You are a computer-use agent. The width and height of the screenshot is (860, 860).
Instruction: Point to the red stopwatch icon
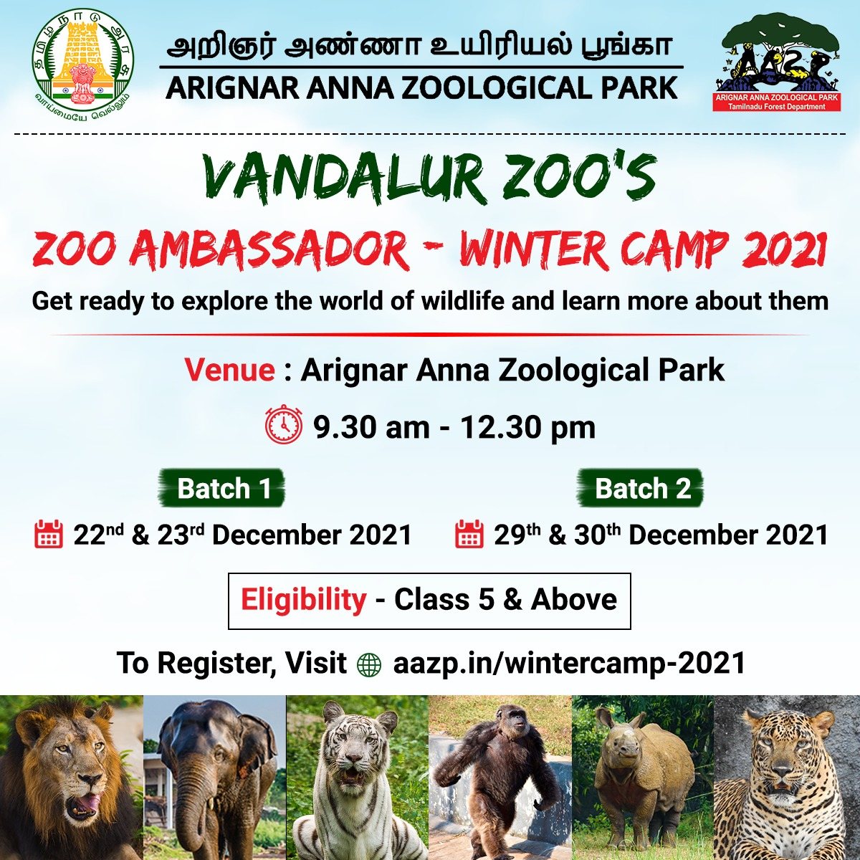tap(283, 424)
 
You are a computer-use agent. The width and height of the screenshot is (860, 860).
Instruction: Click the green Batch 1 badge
tap(221, 488)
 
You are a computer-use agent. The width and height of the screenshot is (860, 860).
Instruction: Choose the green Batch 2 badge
tap(641, 488)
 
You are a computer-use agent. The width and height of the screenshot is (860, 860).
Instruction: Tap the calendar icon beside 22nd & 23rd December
tap(48, 534)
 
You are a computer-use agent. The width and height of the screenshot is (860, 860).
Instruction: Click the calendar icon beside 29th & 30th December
tap(469, 534)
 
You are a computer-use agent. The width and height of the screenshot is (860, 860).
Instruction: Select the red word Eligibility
tap(303, 601)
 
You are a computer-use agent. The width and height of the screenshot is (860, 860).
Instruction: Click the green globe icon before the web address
tap(370, 664)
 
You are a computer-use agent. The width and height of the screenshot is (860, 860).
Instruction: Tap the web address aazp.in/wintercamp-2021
tap(570, 664)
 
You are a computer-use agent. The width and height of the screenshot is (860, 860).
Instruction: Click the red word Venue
tap(229, 370)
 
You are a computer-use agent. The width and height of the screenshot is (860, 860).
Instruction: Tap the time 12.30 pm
tap(528, 428)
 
